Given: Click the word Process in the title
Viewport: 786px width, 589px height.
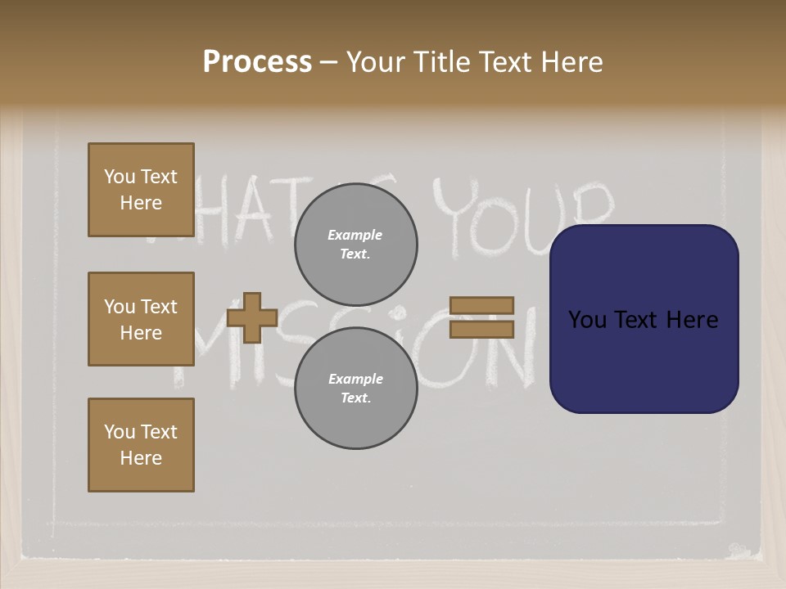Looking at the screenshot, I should (x=257, y=62).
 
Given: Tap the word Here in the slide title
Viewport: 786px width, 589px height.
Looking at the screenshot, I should (x=570, y=62).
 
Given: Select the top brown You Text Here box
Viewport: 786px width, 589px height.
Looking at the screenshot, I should (x=141, y=190).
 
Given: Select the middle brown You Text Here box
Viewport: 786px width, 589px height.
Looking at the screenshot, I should (x=141, y=319).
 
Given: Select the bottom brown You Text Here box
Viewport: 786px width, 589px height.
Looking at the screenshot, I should (x=141, y=445).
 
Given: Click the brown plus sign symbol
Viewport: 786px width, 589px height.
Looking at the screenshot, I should (x=251, y=317).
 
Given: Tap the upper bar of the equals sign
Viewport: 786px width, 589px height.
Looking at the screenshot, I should (x=481, y=305).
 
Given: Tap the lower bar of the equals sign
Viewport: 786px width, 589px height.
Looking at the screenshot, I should (x=481, y=329).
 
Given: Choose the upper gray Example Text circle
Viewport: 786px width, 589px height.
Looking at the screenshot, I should (x=355, y=245).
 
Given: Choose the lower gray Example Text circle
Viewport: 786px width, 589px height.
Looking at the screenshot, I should (x=355, y=388).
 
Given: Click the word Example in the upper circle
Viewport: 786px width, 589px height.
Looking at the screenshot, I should (x=355, y=236).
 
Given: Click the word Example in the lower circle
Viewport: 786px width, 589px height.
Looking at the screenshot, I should (x=355, y=379).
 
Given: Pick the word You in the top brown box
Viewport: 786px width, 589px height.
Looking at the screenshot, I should (x=120, y=177).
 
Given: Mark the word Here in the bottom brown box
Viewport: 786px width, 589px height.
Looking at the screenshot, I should (x=141, y=458).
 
